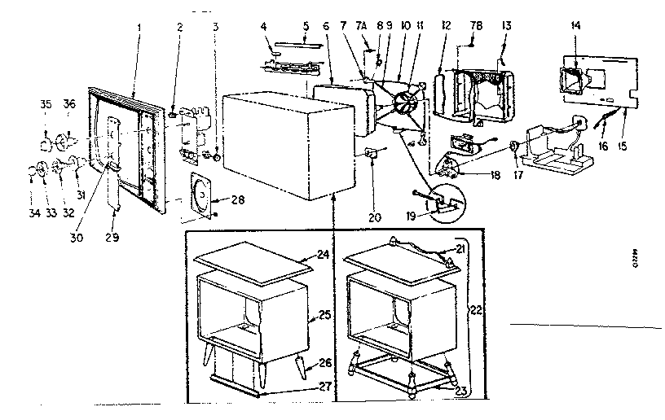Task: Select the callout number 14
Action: point(577,26)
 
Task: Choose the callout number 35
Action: point(45,104)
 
